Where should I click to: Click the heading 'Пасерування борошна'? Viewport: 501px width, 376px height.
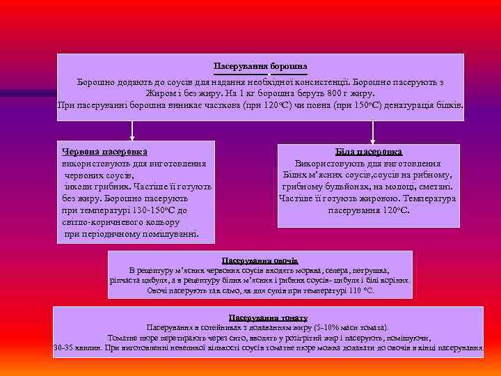tap(260, 65)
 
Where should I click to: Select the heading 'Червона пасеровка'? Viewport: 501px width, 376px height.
tap(104, 151)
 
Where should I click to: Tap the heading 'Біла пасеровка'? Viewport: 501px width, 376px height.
tap(369, 151)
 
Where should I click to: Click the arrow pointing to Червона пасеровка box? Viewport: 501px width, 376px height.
tap(132, 133)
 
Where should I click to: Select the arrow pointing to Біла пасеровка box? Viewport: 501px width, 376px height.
tap(373, 133)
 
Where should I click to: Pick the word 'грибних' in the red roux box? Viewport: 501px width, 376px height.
tap(109, 187)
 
